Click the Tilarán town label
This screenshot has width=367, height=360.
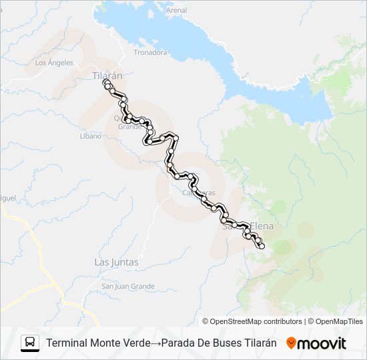tap(107, 75)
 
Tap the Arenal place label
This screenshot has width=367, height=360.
tap(176, 11)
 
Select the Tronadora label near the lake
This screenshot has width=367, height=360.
tap(150, 52)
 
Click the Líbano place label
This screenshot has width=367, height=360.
tap(90, 136)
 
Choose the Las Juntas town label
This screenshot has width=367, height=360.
tap(116, 262)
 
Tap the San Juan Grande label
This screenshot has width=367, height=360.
tap(127, 287)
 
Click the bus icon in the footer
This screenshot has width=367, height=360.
tap(30, 343)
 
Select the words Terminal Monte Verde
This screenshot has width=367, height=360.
tap(98, 343)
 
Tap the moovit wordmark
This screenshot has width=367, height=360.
tap(322, 343)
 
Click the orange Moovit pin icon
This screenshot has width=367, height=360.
tap(291, 343)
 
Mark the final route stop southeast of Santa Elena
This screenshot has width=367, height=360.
tap(262, 247)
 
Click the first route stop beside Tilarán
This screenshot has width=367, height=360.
tap(105, 82)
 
